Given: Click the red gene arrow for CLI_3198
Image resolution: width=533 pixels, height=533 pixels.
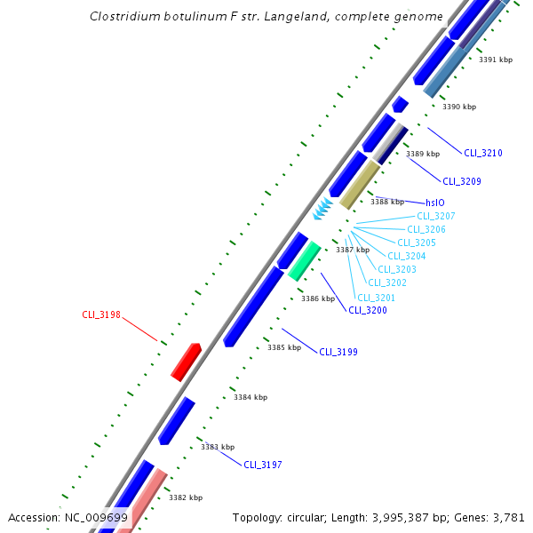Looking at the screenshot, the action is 187,362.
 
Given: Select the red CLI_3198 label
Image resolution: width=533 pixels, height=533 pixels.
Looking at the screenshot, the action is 101,314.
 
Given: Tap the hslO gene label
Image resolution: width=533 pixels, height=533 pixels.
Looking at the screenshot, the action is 434,203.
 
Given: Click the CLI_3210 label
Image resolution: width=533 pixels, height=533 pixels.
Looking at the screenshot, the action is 483,153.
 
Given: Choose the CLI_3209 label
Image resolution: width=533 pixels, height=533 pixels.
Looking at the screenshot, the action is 462,181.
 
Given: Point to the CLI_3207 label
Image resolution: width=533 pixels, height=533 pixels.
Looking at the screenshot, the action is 436,217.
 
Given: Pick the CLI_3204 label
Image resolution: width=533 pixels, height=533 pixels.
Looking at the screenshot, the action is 407,256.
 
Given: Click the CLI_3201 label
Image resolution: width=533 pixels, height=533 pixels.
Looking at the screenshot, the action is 377,298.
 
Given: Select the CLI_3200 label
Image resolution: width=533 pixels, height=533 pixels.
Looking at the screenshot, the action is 368,310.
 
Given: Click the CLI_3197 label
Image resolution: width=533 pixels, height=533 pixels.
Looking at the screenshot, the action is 263,465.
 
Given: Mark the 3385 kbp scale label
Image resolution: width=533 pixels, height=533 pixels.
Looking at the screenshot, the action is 284,347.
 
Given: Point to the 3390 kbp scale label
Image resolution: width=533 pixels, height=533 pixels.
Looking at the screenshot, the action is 459,107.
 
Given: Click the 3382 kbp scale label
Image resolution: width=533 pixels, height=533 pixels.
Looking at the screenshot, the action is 186,497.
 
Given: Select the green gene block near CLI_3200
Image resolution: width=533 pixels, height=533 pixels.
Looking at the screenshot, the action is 304,261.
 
